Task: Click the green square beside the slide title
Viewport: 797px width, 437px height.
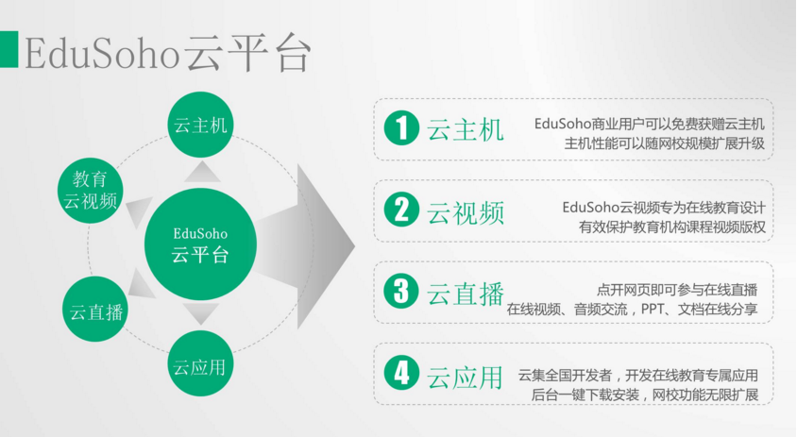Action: click(x=8, y=49)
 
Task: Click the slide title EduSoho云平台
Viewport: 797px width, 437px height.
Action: click(x=168, y=52)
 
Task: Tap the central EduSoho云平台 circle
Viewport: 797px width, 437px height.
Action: click(x=200, y=244)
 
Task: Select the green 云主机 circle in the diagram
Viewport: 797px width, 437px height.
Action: click(x=200, y=125)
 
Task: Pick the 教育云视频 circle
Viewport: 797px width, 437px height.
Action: click(x=91, y=191)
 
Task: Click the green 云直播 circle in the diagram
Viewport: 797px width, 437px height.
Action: click(x=95, y=309)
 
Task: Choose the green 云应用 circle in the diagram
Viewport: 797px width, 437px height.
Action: click(x=200, y=363)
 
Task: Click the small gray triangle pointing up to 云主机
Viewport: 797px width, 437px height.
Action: click(x=202, y=172)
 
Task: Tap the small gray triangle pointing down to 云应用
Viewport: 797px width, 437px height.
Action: click(x=201, y=313)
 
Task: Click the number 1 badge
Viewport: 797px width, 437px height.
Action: click(x=401, y=128)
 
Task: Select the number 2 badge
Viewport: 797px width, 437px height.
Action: click(x=401, y=210)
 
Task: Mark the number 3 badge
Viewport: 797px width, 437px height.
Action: click(x=401, y=291)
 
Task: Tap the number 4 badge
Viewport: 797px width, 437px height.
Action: click(x=401, y=373)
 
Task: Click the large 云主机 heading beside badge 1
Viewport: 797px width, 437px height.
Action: click(x=466, y=129)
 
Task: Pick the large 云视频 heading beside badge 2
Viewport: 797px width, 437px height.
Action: click(x=466, y=212)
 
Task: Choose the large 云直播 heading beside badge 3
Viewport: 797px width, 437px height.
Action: click(x=466, y=294)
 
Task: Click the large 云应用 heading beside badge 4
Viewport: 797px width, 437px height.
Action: click(x=466, y=377)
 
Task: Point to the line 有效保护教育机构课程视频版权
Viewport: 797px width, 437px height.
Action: click(x=672, y=227)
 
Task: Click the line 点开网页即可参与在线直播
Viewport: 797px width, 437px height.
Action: click(x=677, y=290)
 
